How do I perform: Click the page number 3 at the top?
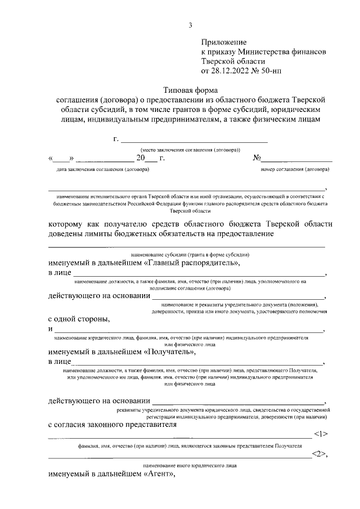tap(190, 24)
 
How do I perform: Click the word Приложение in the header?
tap(224, 42)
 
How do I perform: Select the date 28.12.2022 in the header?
tap(230, 71)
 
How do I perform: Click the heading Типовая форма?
tap(190, 89)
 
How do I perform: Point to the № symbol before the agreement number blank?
tap(258, 158)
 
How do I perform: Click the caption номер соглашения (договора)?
tap(295, 169)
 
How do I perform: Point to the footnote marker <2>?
tap(321, 455)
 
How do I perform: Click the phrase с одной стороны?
tap(79, 319)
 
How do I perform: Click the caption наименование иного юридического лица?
tap(190, 466)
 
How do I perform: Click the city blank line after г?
tap(193, 140)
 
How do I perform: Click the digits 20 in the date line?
tap(141, 158)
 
